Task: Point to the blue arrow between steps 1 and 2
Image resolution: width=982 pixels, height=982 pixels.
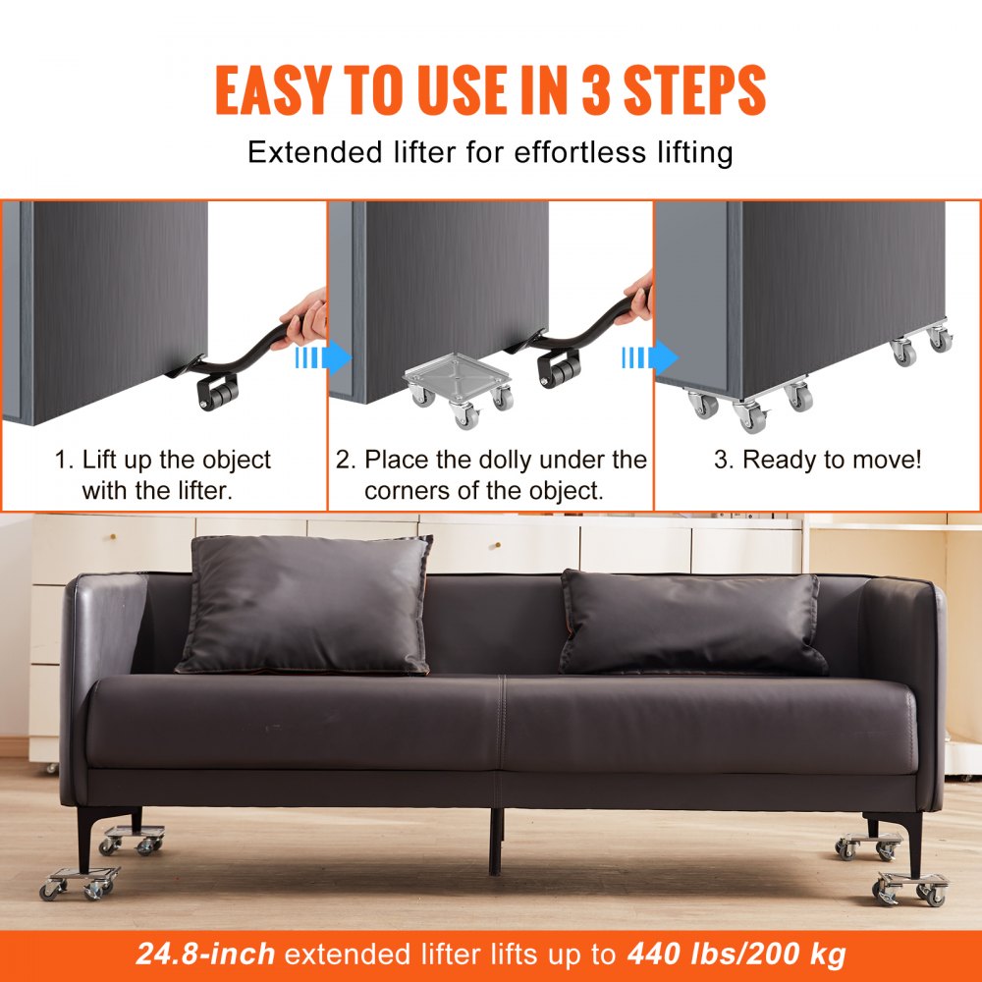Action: point(323,358)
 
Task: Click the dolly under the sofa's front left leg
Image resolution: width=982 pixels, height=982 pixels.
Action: point(79,881)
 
